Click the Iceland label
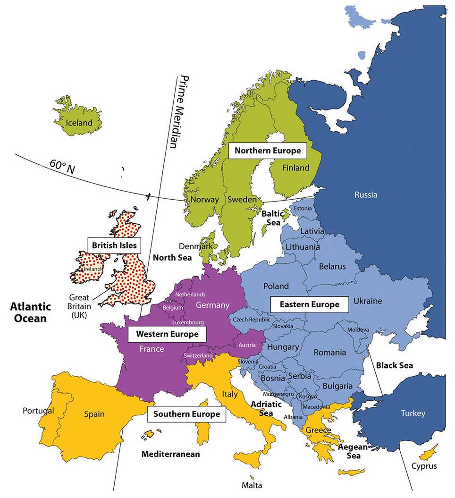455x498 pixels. [79, 123]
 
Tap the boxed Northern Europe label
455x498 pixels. [267, 151]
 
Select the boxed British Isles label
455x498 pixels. [114, 245]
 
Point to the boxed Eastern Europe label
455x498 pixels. [309, 304]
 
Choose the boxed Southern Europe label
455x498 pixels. [186, 414]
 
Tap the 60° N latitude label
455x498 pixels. [62, 167]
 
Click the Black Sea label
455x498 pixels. [394, 365]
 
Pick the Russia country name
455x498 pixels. [366, 194]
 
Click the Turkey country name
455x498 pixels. [413, 413]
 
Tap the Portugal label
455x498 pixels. [38, 411]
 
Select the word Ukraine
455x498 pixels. [368, 301]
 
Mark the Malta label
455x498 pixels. [251, 485]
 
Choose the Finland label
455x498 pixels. [295, 168]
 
